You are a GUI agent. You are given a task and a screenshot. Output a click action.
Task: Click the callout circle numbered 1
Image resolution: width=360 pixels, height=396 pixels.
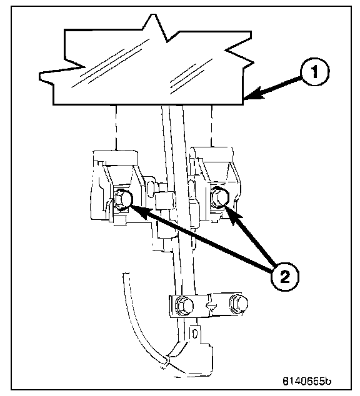pos(314,72)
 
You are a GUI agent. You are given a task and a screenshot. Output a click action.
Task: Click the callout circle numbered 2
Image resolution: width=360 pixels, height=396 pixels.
pos(285,277)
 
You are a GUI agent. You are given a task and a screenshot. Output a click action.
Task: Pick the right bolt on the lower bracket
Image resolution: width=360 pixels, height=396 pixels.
pos(239,303)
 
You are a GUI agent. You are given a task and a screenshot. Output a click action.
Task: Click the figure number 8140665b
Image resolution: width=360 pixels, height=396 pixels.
pos(306,381)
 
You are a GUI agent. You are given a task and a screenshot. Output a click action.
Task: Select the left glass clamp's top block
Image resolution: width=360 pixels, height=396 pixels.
pos(116,158)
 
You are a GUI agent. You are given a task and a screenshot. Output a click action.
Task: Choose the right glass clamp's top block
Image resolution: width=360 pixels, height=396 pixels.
pos(212,154)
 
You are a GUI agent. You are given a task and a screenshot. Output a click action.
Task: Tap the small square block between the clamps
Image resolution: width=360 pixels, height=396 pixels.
pos(165,200)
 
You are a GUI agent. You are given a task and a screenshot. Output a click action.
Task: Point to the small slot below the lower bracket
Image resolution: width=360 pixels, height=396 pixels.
pos(194,334)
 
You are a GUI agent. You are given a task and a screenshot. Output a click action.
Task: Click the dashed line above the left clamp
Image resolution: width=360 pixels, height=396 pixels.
pos(116,128)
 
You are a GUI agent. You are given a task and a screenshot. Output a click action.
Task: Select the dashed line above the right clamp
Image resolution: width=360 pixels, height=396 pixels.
pos(212,126)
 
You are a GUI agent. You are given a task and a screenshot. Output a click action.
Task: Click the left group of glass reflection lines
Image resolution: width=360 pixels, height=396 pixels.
pos(111,64)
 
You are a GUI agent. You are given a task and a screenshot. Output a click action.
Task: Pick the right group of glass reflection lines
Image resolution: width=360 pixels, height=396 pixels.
pos(191,76)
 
